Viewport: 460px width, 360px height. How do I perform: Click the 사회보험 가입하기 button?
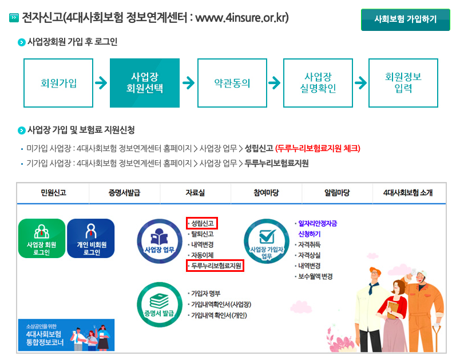coord(405,19)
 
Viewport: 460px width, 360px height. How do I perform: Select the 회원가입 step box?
coord(58,83)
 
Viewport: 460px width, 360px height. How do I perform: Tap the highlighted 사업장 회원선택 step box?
coord(145,83)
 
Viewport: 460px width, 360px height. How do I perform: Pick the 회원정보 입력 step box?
coord(403,83)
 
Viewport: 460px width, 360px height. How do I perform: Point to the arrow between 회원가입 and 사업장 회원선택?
coord(101,83)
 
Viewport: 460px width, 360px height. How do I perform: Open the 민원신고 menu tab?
coord(53,193)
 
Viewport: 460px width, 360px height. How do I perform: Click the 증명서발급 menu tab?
coord(125,193)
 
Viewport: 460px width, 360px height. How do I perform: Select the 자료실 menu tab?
coord(196,193)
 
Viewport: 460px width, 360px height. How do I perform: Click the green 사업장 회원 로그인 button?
coord(42,238)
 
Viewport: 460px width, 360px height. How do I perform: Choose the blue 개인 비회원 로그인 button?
coord(90,238)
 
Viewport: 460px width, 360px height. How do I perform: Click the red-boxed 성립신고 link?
coord(202,223)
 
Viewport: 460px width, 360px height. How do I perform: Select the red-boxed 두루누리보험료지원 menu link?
coord(215,266)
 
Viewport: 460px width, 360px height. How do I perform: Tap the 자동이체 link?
coord(202,255)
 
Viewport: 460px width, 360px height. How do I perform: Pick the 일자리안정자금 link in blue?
coord(316,224)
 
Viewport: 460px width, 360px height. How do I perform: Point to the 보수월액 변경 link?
coord(315,276)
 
